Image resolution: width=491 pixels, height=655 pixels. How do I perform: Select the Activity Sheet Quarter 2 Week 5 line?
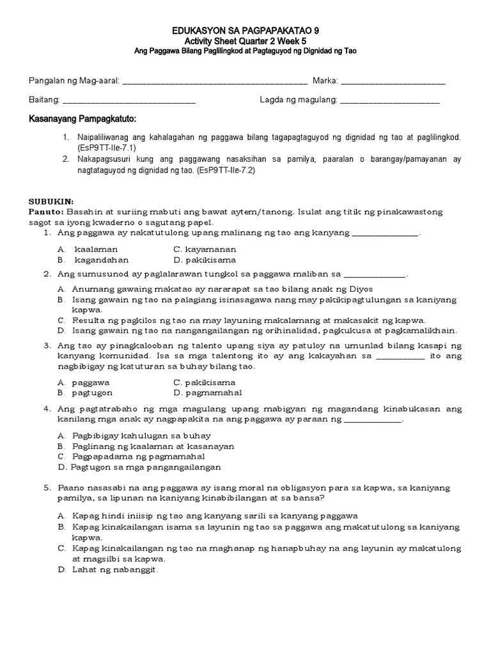pyautogui.click(x=245, y=40)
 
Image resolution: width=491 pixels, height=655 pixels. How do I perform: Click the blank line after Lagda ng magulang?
pyautogui.click(x=391, y=101)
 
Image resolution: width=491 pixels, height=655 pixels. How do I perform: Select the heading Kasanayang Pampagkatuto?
pyautogui.click(x=82, y=120)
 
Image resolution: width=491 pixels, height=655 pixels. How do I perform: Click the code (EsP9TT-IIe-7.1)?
pyautogui.click(x=100, y=147)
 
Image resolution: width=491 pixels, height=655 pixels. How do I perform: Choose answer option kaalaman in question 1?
pyautogui.click(x=96, y=249)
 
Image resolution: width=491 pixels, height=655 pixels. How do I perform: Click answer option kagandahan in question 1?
pyautogui.click(x=101, y=260)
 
